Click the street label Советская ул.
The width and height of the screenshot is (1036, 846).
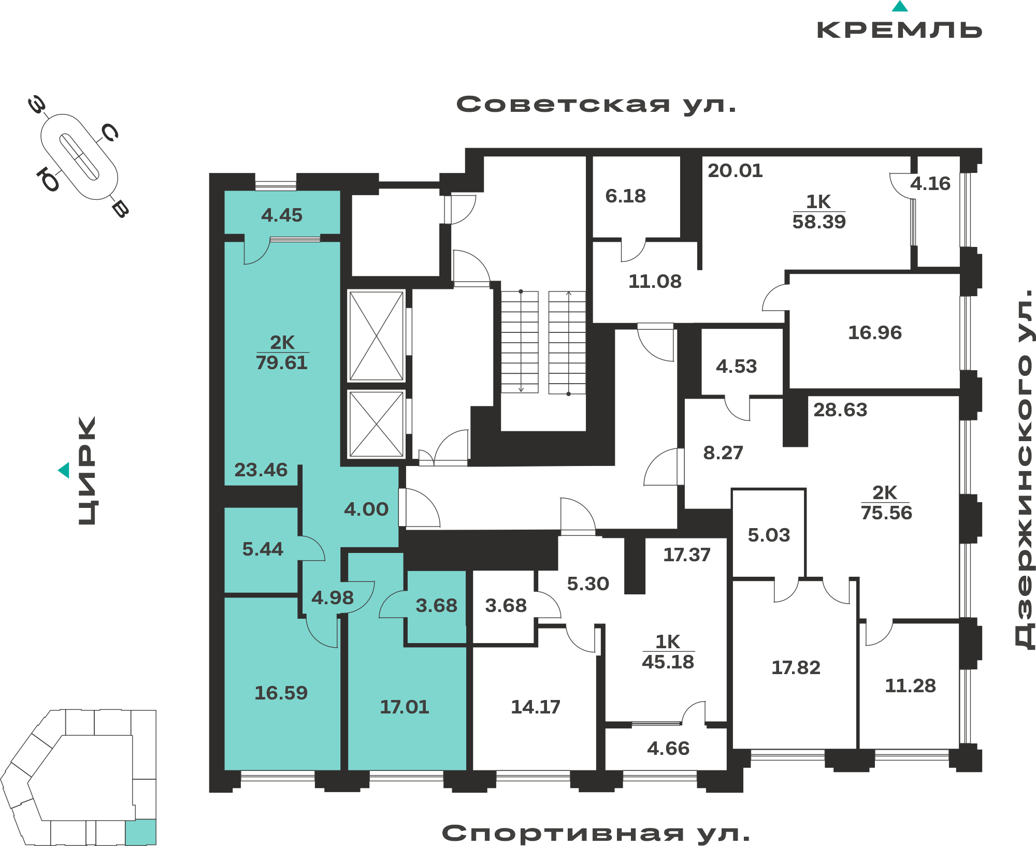click(596, 105)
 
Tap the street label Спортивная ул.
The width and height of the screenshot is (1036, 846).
click(596, 833)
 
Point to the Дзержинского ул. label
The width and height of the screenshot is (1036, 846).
click(1024, 468)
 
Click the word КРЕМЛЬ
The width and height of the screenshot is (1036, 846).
click(899, 30)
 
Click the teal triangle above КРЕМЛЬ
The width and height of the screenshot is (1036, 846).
click(900, 6)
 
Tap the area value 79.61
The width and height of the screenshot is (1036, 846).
click(282, 362)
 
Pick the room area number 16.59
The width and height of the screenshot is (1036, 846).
click(281, 693)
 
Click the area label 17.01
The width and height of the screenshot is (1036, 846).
click(405, 707)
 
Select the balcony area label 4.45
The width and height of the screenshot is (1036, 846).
click(282, 215)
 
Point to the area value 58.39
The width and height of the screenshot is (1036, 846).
click(819, 222)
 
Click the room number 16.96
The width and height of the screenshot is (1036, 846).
click(875, 332)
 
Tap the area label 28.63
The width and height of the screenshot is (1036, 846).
click(840, 410)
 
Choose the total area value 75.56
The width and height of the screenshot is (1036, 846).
click(886, 513)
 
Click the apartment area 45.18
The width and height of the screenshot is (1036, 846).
click(668, 662)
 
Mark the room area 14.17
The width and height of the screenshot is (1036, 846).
click(536, 707)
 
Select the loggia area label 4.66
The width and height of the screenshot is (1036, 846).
click(668, 748)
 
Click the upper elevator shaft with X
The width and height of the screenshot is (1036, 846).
click(377, 336)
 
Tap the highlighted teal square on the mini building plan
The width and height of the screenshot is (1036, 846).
click(140, 832)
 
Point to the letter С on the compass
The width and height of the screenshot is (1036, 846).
click(109, 133)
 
